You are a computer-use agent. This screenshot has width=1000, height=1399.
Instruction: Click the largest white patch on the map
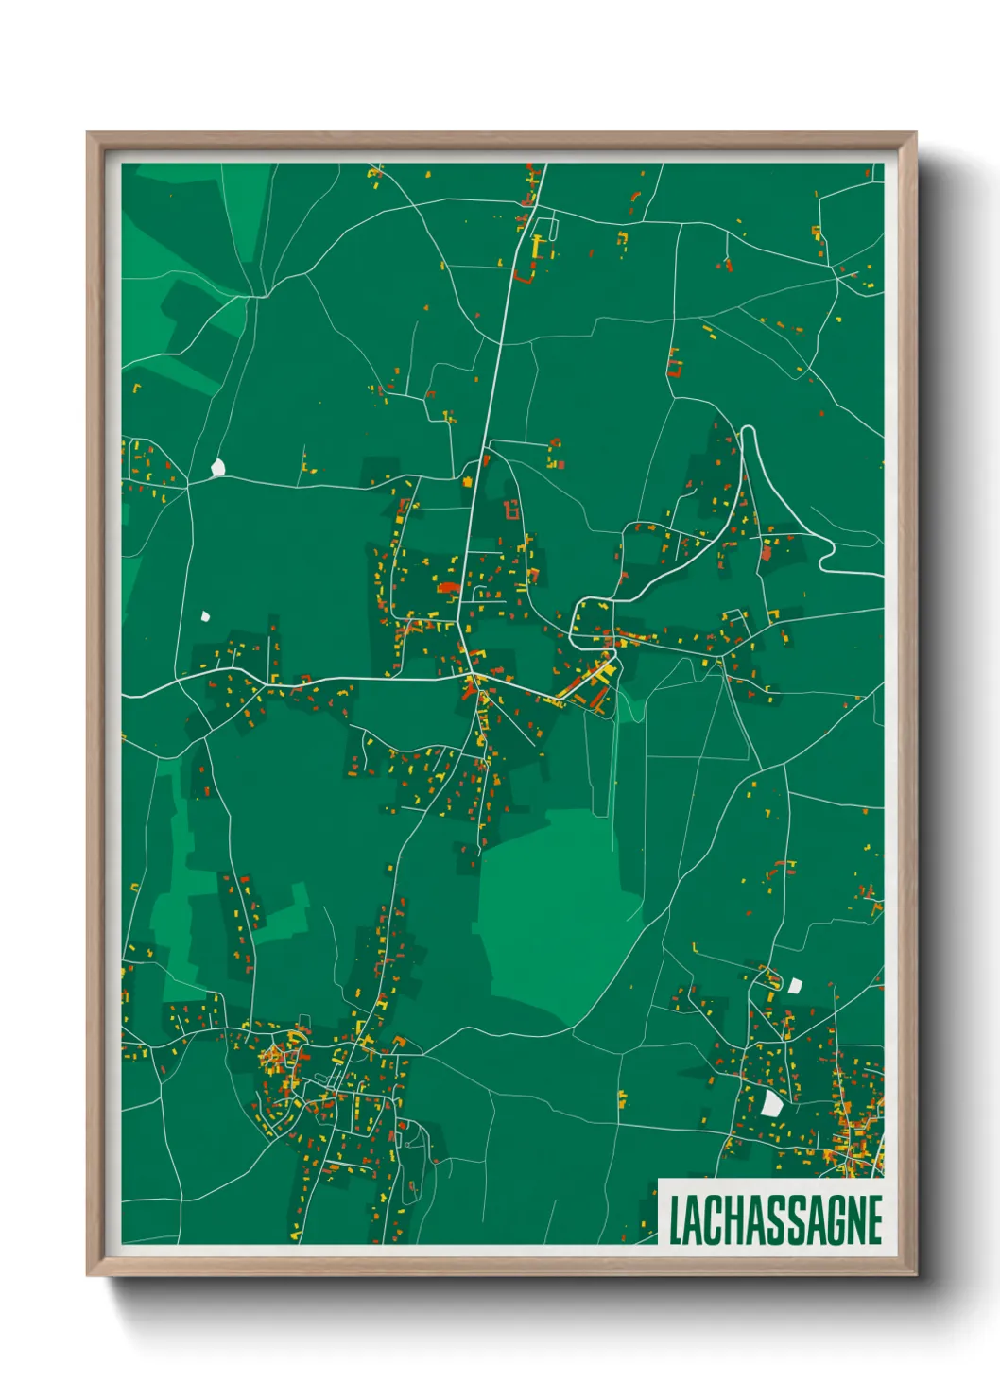(x=772, y=1102)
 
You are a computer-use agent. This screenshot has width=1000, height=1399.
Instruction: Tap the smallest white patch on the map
(x=205, y=616)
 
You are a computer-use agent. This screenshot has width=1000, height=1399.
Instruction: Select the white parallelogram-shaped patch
(x=795, y=985)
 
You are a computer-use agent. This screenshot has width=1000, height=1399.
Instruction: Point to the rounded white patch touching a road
(x=218, y=467)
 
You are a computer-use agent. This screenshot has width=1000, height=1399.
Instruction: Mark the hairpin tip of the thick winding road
(x=748, y=430)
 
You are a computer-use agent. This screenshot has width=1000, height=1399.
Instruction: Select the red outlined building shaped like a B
(x=511, y=510)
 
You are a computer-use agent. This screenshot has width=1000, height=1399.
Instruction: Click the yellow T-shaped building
(x=539, y=246)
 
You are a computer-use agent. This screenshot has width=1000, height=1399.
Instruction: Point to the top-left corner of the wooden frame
(x=89, y=133)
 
